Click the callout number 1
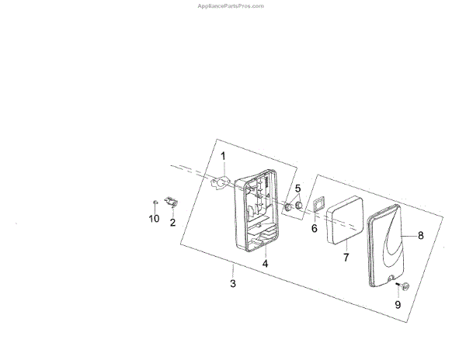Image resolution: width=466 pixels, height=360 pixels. (222, 157)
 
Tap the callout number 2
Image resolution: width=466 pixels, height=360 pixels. (172, 223)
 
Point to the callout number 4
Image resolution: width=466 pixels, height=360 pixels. (265, 264)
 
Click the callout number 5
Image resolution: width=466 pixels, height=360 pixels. (297, 189)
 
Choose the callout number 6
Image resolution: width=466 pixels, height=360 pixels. (315, 229)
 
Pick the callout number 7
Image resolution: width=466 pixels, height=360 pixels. (347, 256)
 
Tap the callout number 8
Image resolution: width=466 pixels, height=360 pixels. (420, 234)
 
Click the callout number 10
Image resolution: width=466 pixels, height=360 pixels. (154, 219)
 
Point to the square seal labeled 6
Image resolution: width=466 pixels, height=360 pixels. (316, 205)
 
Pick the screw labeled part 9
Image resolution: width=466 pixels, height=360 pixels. (403, 288)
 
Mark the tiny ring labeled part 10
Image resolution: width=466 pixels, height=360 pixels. (155, 202)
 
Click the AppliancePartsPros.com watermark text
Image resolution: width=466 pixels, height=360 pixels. (232, 5)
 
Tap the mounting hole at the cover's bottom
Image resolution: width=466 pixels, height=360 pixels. (391, 277)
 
